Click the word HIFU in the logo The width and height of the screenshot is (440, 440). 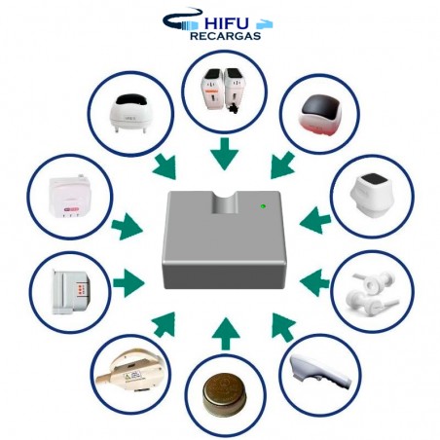227,23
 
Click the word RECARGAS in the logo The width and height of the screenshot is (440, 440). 225,36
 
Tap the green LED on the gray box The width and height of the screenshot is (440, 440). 263,205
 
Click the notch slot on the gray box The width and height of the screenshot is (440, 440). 225,202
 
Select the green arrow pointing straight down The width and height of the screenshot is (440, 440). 224,154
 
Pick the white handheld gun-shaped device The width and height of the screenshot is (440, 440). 320,372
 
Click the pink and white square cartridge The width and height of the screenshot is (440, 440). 70,196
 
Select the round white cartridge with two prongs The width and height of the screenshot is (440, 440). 130,114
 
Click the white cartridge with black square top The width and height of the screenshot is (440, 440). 372,196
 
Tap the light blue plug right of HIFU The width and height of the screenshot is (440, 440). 265,24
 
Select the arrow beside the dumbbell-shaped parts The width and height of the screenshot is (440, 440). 315,282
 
